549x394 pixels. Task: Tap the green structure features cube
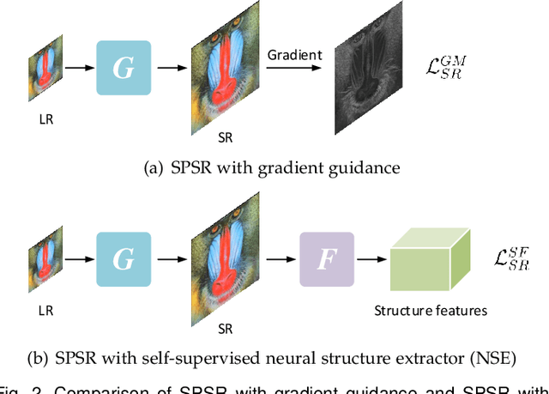click(428, 260)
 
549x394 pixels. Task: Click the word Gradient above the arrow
click(294, 55)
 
